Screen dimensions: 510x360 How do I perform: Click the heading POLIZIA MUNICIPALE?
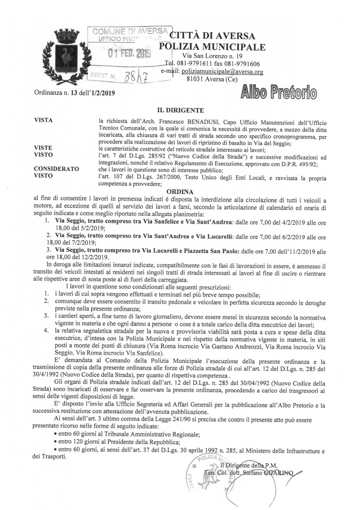(x=212, y=46)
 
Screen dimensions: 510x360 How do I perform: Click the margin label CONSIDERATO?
(x=57, y=170)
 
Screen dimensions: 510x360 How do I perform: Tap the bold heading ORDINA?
(x=180, y=191)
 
